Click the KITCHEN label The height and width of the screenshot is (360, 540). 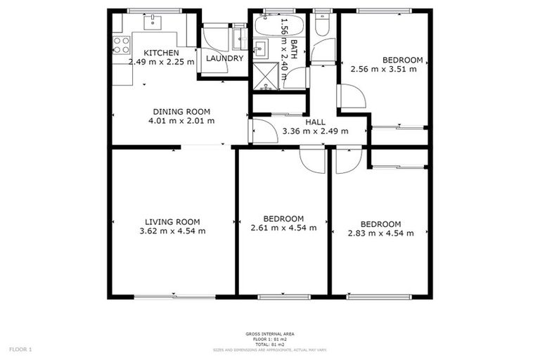[x=161, y=53]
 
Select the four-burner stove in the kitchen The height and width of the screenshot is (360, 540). [x=122, y=45]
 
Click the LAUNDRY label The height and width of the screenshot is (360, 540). [x=224, y=58]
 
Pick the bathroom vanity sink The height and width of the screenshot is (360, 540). [x=259, y=49]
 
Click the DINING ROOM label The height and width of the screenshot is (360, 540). [x=181, y=111]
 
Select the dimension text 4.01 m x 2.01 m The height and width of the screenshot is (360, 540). [x=181, y=121]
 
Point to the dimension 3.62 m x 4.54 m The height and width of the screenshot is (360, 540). [x=172, y=231]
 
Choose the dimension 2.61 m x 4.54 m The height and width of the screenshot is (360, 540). [x=283, y=228]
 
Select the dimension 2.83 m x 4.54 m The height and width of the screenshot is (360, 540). [x=380, y=233]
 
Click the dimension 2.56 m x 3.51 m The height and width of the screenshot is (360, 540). [x=383, y=69]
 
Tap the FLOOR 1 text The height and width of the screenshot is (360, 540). [x=20, y=349]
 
